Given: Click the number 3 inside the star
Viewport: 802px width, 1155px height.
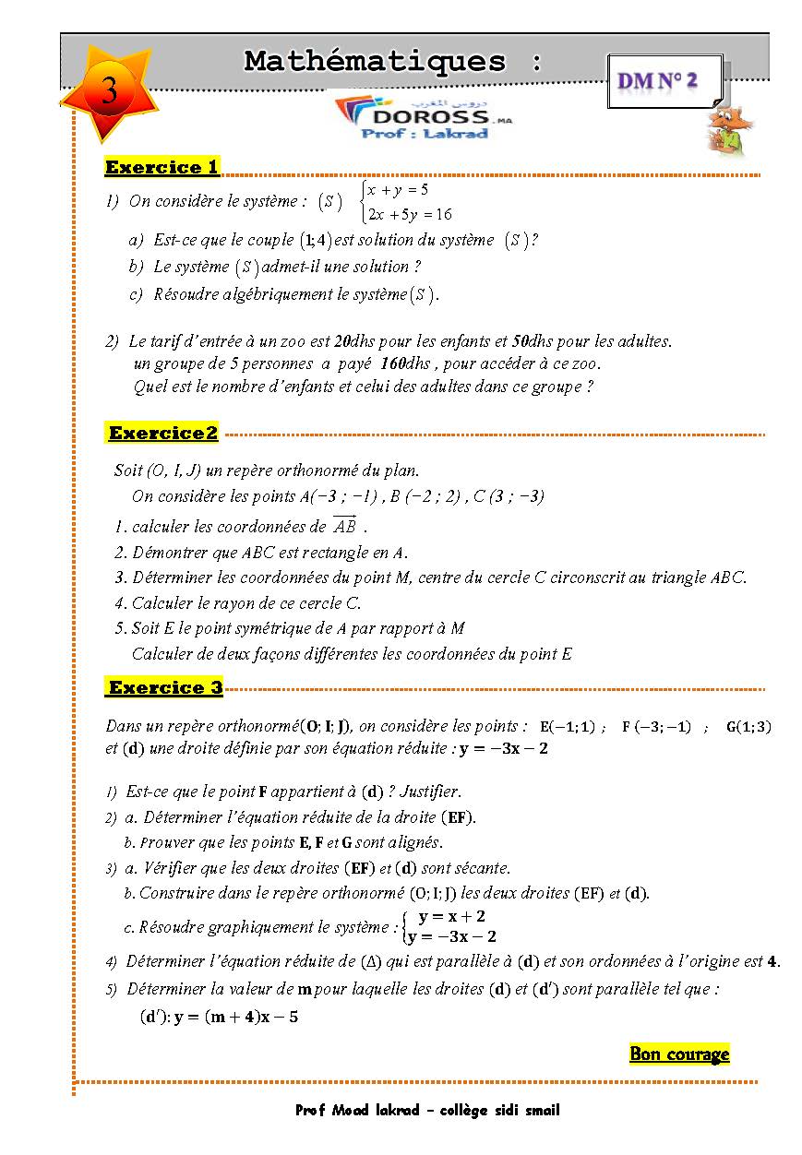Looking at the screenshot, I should click(x=109, y=91).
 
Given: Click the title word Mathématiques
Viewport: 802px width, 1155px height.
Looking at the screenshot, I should click(x=375, y=62).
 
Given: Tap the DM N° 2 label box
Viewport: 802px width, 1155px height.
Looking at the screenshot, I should click(x=658, y=81).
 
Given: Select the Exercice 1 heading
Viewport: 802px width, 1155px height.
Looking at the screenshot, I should click(x=162, y=167).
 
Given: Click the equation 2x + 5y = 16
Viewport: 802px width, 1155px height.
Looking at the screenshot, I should click(x=409, y=215).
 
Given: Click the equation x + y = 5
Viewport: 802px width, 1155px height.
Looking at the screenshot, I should click(x=398, y=190).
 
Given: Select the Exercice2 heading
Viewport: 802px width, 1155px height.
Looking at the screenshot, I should click(x=163, y=433).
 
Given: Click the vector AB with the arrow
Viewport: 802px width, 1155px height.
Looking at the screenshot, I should click(x=344, y=527).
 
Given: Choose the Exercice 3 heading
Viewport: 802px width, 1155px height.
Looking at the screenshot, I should click(x=165, y=687).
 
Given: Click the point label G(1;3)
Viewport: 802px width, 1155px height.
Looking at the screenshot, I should click(x=748, y=726).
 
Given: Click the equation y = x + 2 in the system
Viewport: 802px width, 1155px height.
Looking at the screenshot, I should click(x=451, y=916).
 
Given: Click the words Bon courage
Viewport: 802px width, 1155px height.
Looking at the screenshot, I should click(x=679, y=1054).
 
